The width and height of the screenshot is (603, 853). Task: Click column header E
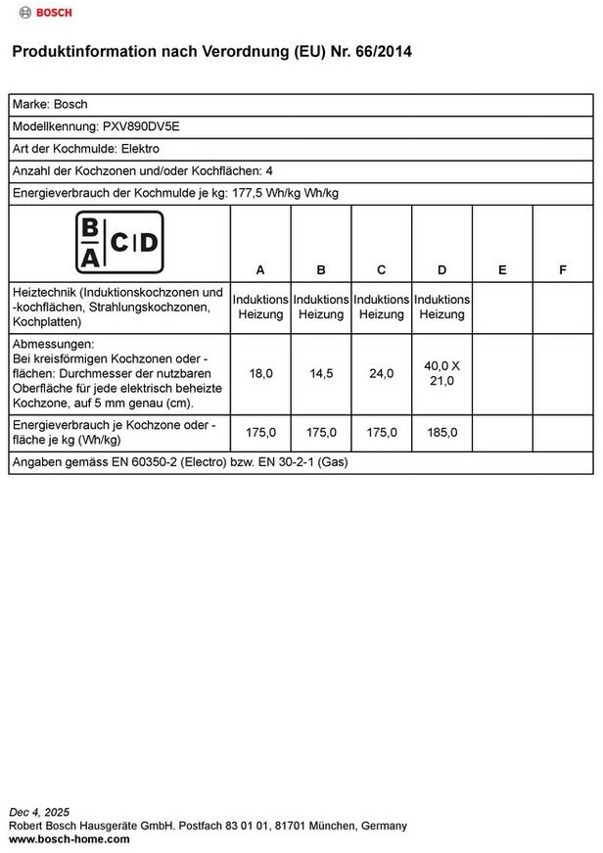pos(502,269)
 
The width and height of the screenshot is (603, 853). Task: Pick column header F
pos(563,269)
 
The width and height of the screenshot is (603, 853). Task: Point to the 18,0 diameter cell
pos(261,373)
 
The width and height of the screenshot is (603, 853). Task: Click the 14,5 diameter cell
pos(321,373)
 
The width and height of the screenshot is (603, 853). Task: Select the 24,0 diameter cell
pos(382,373)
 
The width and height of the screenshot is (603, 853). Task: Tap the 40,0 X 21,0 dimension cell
pos(441,373)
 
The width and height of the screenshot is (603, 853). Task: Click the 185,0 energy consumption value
pos(441,431)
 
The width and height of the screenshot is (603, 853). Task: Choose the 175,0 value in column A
pos(261,431)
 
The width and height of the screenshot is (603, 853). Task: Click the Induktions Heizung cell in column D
pos(441,307)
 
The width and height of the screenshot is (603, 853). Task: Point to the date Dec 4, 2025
pos(39,812)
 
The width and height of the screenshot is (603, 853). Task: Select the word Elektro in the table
pos(139,149)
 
